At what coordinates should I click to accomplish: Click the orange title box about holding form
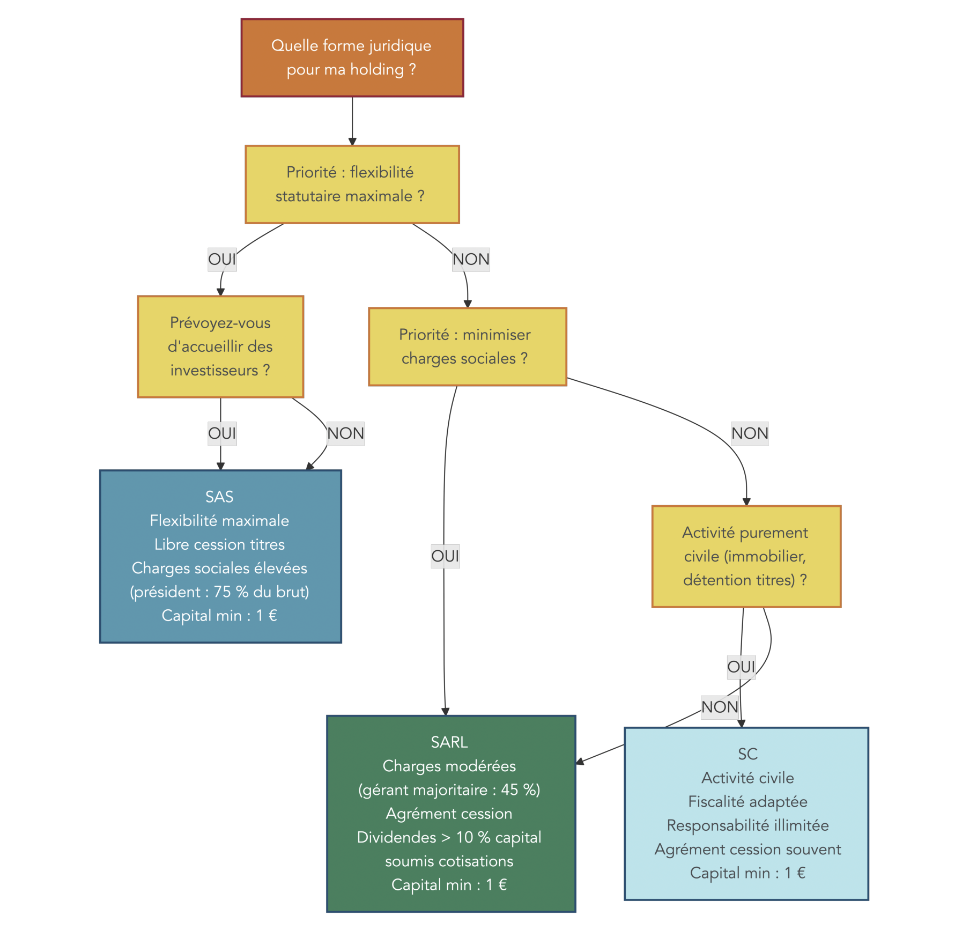coord(352,58)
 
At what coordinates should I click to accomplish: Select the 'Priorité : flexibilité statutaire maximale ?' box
coord(352,184)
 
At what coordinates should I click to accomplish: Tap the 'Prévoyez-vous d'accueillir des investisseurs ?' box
coord(220,346)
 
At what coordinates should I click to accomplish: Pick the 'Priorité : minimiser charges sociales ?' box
coord(467,346)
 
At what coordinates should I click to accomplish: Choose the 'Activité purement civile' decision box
coord(745,556)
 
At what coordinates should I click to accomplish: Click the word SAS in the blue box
coord(219,497)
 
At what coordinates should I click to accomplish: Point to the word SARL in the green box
coord(449,742)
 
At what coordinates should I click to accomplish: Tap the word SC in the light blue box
coord(747,754)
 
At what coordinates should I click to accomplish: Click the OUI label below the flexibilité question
coord(222,260)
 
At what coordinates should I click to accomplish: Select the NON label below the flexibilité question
coord(471,260)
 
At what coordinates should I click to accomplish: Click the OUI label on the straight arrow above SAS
coord(222,433)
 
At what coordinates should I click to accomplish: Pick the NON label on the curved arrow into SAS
coord(345,433)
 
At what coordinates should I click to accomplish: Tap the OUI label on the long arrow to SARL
coord(445,556)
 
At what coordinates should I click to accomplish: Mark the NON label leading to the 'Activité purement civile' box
coord(750,433)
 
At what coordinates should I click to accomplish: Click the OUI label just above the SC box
coord(741,667)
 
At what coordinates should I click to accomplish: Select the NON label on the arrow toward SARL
coord(720,707)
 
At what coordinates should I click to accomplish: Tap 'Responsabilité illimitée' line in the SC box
coord(747,825)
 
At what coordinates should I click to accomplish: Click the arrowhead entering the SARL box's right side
coord(580,762)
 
